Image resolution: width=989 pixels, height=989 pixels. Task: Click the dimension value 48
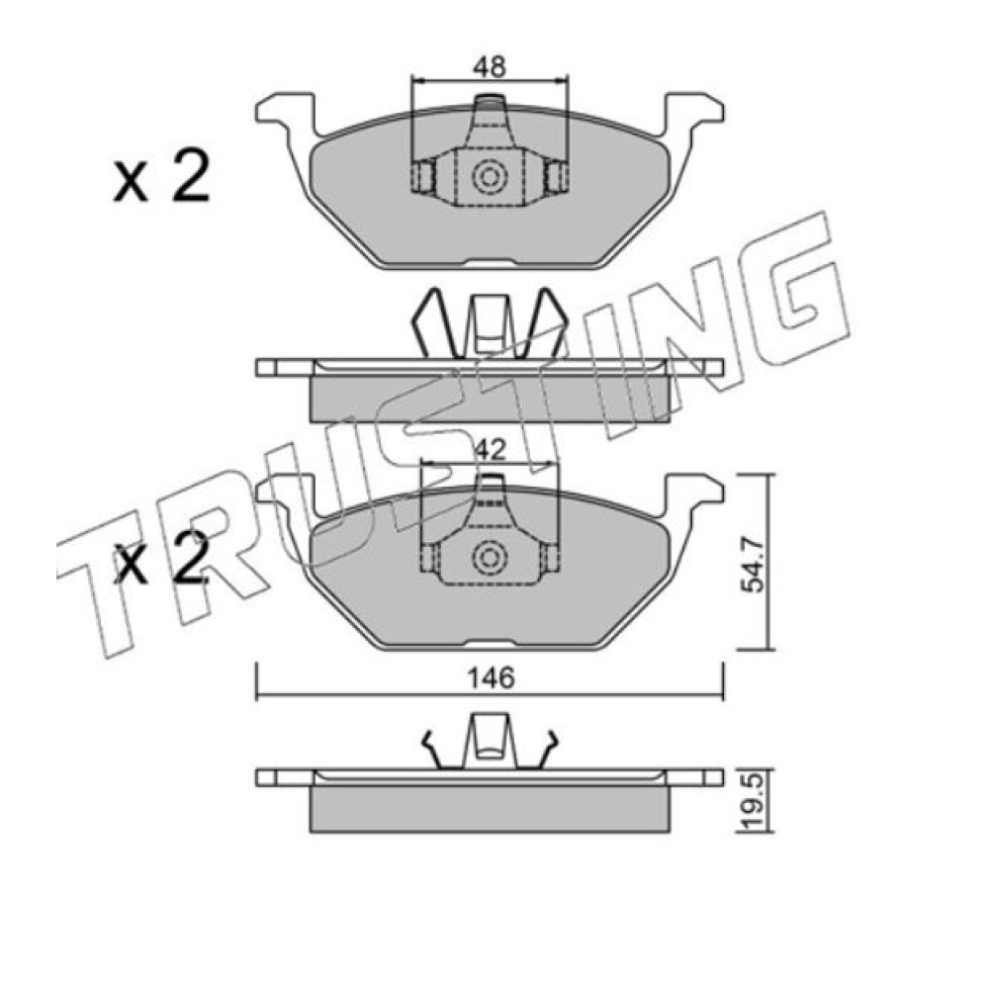[491, 67]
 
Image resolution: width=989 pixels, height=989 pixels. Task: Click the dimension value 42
[491, 450]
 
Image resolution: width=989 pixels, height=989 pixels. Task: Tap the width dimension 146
[491, 678]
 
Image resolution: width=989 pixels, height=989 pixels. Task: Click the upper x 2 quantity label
[161, 177]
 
